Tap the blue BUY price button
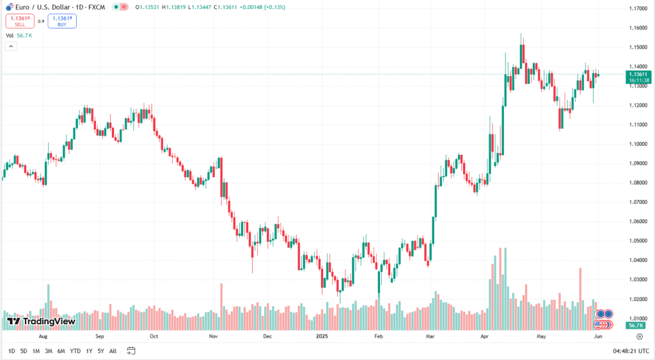pyautogui.click(x=62, y=21)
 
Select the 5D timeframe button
pyautogui.click(x=24, y=351)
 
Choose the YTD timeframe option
pyautogui.click(x=75, y=351)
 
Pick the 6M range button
pyautogui.click(x=61, y=351)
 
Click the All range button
pyautogui.click(x=113, y=351)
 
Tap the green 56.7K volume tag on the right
pyautogui.click(x=635, y=325)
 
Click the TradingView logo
pyautogui.click(x=41, y=321)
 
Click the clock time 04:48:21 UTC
pyautogui.click(x=630, y=351)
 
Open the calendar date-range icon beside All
pyautogui.click(x=131, y=350)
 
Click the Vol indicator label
pyautogui.click(x=10, y=36)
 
